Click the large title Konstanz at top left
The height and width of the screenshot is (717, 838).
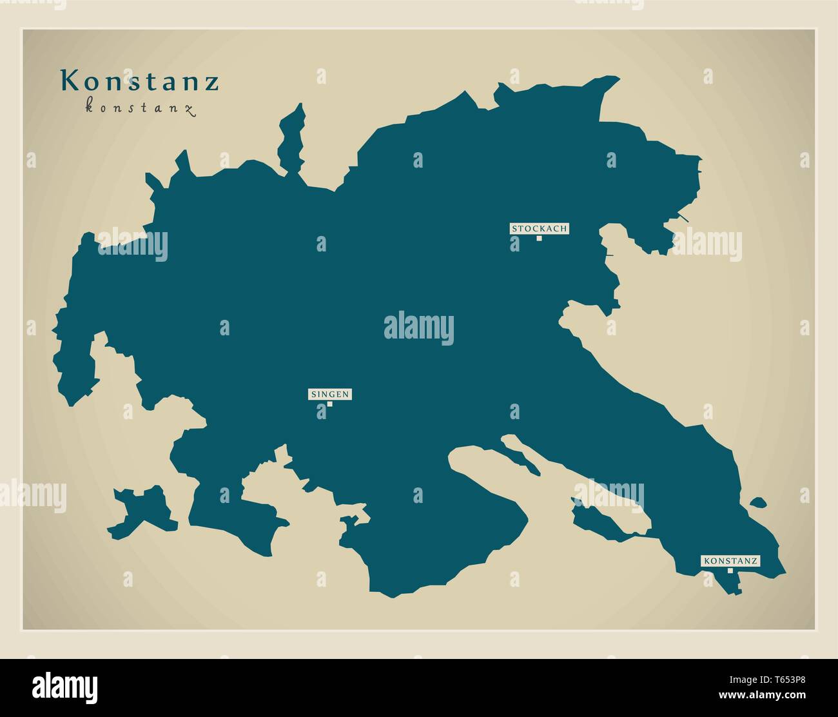140,82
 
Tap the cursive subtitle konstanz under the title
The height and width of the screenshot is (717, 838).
140,108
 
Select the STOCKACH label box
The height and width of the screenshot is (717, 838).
540,228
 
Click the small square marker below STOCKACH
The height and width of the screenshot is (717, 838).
539,238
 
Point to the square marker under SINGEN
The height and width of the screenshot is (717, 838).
329,404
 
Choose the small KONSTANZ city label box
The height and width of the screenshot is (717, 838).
730,561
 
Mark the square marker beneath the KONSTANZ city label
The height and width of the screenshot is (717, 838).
730,570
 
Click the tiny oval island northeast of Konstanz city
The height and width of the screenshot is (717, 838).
758,502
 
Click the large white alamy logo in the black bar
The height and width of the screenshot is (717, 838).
65,685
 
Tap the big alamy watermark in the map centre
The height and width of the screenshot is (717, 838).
419,328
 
